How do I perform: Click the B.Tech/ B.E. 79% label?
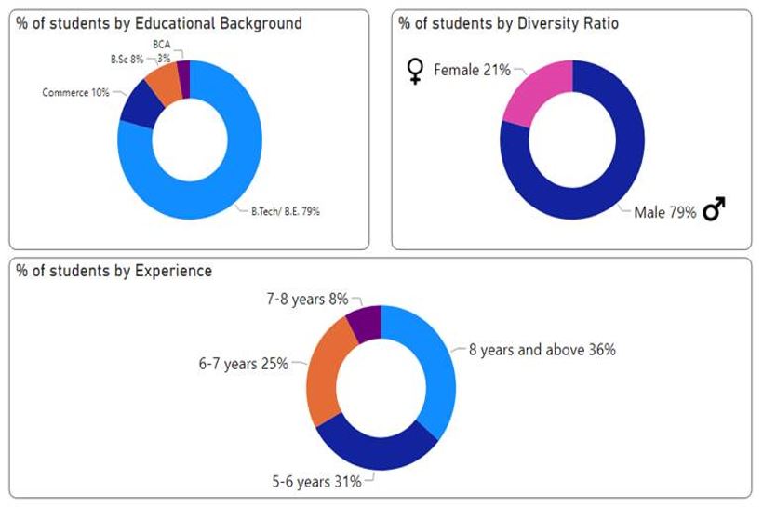tap(286, 211)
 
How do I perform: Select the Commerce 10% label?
tap(75, 93)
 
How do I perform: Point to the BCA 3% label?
tap(162, 50)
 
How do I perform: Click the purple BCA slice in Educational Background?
tap(183, 73)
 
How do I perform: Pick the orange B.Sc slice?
tap(165, 82)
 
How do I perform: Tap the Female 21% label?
tap(472, 70)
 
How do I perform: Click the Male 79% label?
tap(664, 213)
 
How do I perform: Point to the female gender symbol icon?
tap(416, 71)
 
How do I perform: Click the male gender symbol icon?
tap(714, 211)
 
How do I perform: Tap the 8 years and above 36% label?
tap(542, 351)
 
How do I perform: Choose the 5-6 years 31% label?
tap(315, 482)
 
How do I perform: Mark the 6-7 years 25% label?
tap(242, 364)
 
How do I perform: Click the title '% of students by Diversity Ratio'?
tap(507, 23)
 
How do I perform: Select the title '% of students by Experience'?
tap(114, 271)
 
